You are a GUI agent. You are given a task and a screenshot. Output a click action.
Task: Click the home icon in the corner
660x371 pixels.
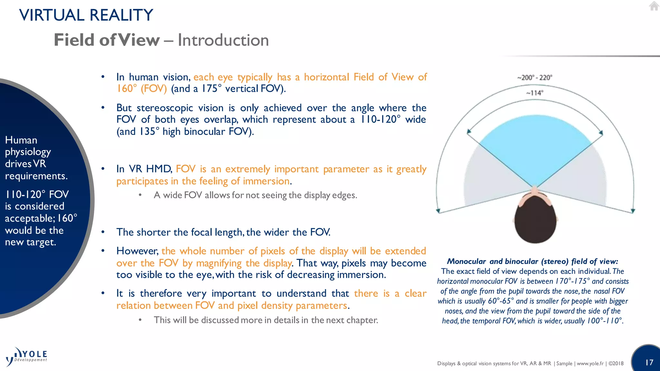pos(654,6)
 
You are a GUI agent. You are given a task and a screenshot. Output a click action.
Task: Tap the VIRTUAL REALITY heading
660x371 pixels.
pos(86,15)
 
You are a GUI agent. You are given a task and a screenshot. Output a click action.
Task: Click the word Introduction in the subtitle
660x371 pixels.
pos(223,40)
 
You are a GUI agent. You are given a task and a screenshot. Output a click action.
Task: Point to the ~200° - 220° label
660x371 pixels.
pos(535,78)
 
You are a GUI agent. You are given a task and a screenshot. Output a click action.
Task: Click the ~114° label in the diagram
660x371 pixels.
pos(535,93)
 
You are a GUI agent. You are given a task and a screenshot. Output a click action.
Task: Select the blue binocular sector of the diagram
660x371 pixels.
pos(535,142)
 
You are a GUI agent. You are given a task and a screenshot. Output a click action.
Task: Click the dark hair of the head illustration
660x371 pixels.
pos(535,222)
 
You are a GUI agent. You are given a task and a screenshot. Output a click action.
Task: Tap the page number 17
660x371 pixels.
pos(649,363)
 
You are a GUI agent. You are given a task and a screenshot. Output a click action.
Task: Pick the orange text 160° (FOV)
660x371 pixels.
pos(141,89)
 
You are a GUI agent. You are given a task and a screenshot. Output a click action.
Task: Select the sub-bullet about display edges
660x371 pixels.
pos(255,195)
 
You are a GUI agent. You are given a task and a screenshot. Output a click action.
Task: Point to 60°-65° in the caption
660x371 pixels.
pos(501,301)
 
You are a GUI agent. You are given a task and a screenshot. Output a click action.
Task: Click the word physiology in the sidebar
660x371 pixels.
pos(28,152)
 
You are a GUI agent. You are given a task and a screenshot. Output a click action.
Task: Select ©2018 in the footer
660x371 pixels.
pos(616,364)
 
